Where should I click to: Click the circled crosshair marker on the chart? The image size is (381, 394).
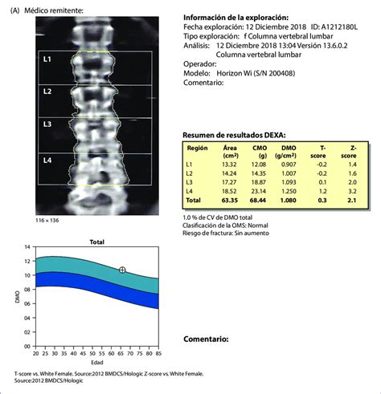pos(122,270)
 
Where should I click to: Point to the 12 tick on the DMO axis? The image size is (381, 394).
pos(30,260)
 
